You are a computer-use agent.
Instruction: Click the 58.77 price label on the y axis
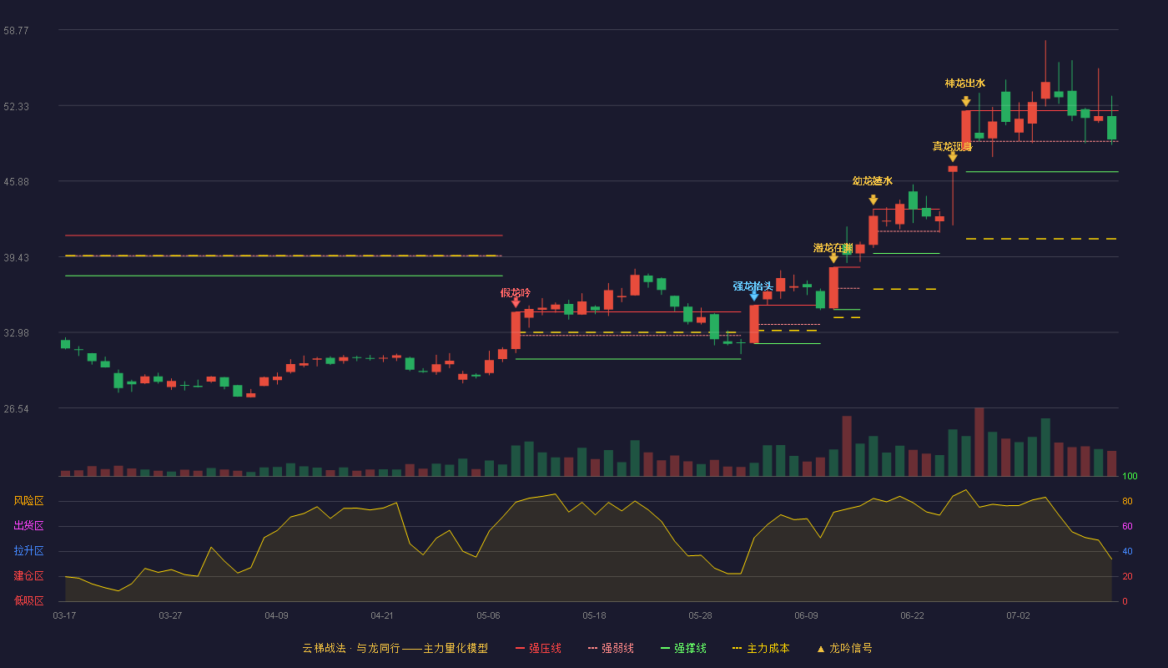[x=16, y=30]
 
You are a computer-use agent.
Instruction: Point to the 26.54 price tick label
[x=16, y=408]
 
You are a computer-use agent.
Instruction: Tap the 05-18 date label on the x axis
[x=594, y=616]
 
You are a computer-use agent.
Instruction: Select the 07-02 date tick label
[x=1019, y=616]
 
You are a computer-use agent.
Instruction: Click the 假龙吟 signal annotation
[x=516, y=292]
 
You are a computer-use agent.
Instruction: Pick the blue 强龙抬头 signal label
[x=753, y=286]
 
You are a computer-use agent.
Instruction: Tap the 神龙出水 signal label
[x=965, y=83]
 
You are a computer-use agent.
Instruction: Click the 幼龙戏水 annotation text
[x=873, y=181]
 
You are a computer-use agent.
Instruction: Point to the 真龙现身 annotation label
[x=952, y=147]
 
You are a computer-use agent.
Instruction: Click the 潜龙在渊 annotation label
[x=833, y=248]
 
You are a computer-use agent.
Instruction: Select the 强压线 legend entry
[x=539, y=648]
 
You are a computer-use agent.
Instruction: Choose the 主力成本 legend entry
[x=761, y=648]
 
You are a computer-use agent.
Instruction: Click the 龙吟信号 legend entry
[x=844, y=648]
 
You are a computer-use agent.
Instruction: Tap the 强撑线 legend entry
[x=683, y=648]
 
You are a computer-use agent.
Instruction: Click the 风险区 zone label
[x=28, y=500]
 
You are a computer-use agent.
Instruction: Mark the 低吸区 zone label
[x=28, y=600]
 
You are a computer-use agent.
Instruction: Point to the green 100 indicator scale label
[x=1130, y=476]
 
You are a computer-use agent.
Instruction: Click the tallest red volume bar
[x=979, y=442]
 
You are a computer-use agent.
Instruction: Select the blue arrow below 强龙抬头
[x=754, y=296]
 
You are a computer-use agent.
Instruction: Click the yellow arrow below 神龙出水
[x=966, y=101]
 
